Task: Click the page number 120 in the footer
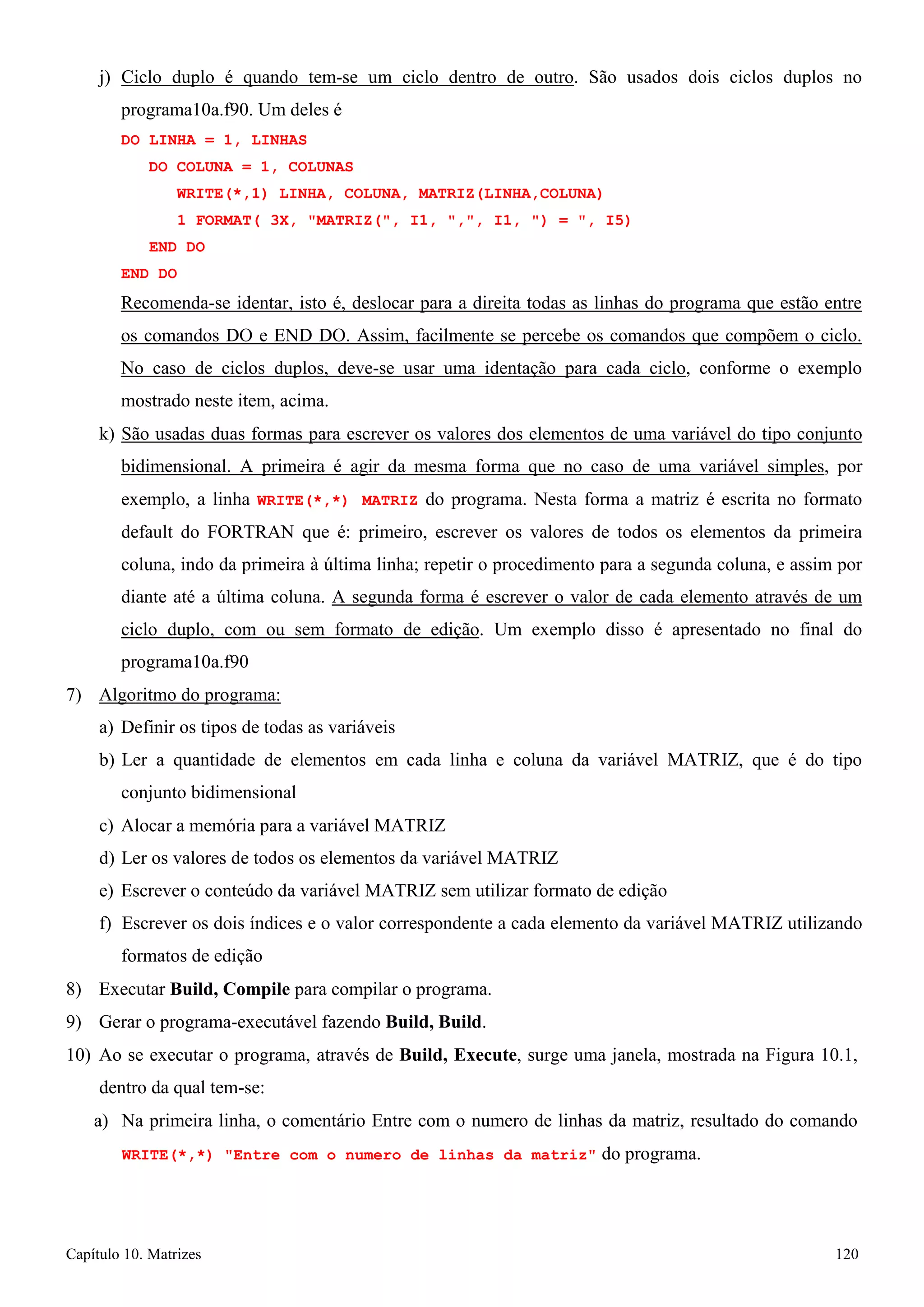click(x=846, y=1254)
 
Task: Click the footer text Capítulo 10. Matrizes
click(x=133, y=1254)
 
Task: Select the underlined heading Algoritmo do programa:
click(x=189, y=695)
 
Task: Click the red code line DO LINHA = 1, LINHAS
click(x=213, y=140)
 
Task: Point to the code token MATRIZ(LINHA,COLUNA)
click(x=510, y=193)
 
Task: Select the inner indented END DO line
click(x=176, y=247)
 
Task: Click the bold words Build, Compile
click(x=230, y=989)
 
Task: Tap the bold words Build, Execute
click(x=458, y=1055)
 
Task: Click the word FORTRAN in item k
click(x=250, y=532)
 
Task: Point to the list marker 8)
click(x=74, y=989)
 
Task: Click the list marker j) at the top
click(x=104, y=78)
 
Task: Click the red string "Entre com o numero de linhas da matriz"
click(x=410, y=1155)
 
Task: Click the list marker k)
click(x=106, y=434)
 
